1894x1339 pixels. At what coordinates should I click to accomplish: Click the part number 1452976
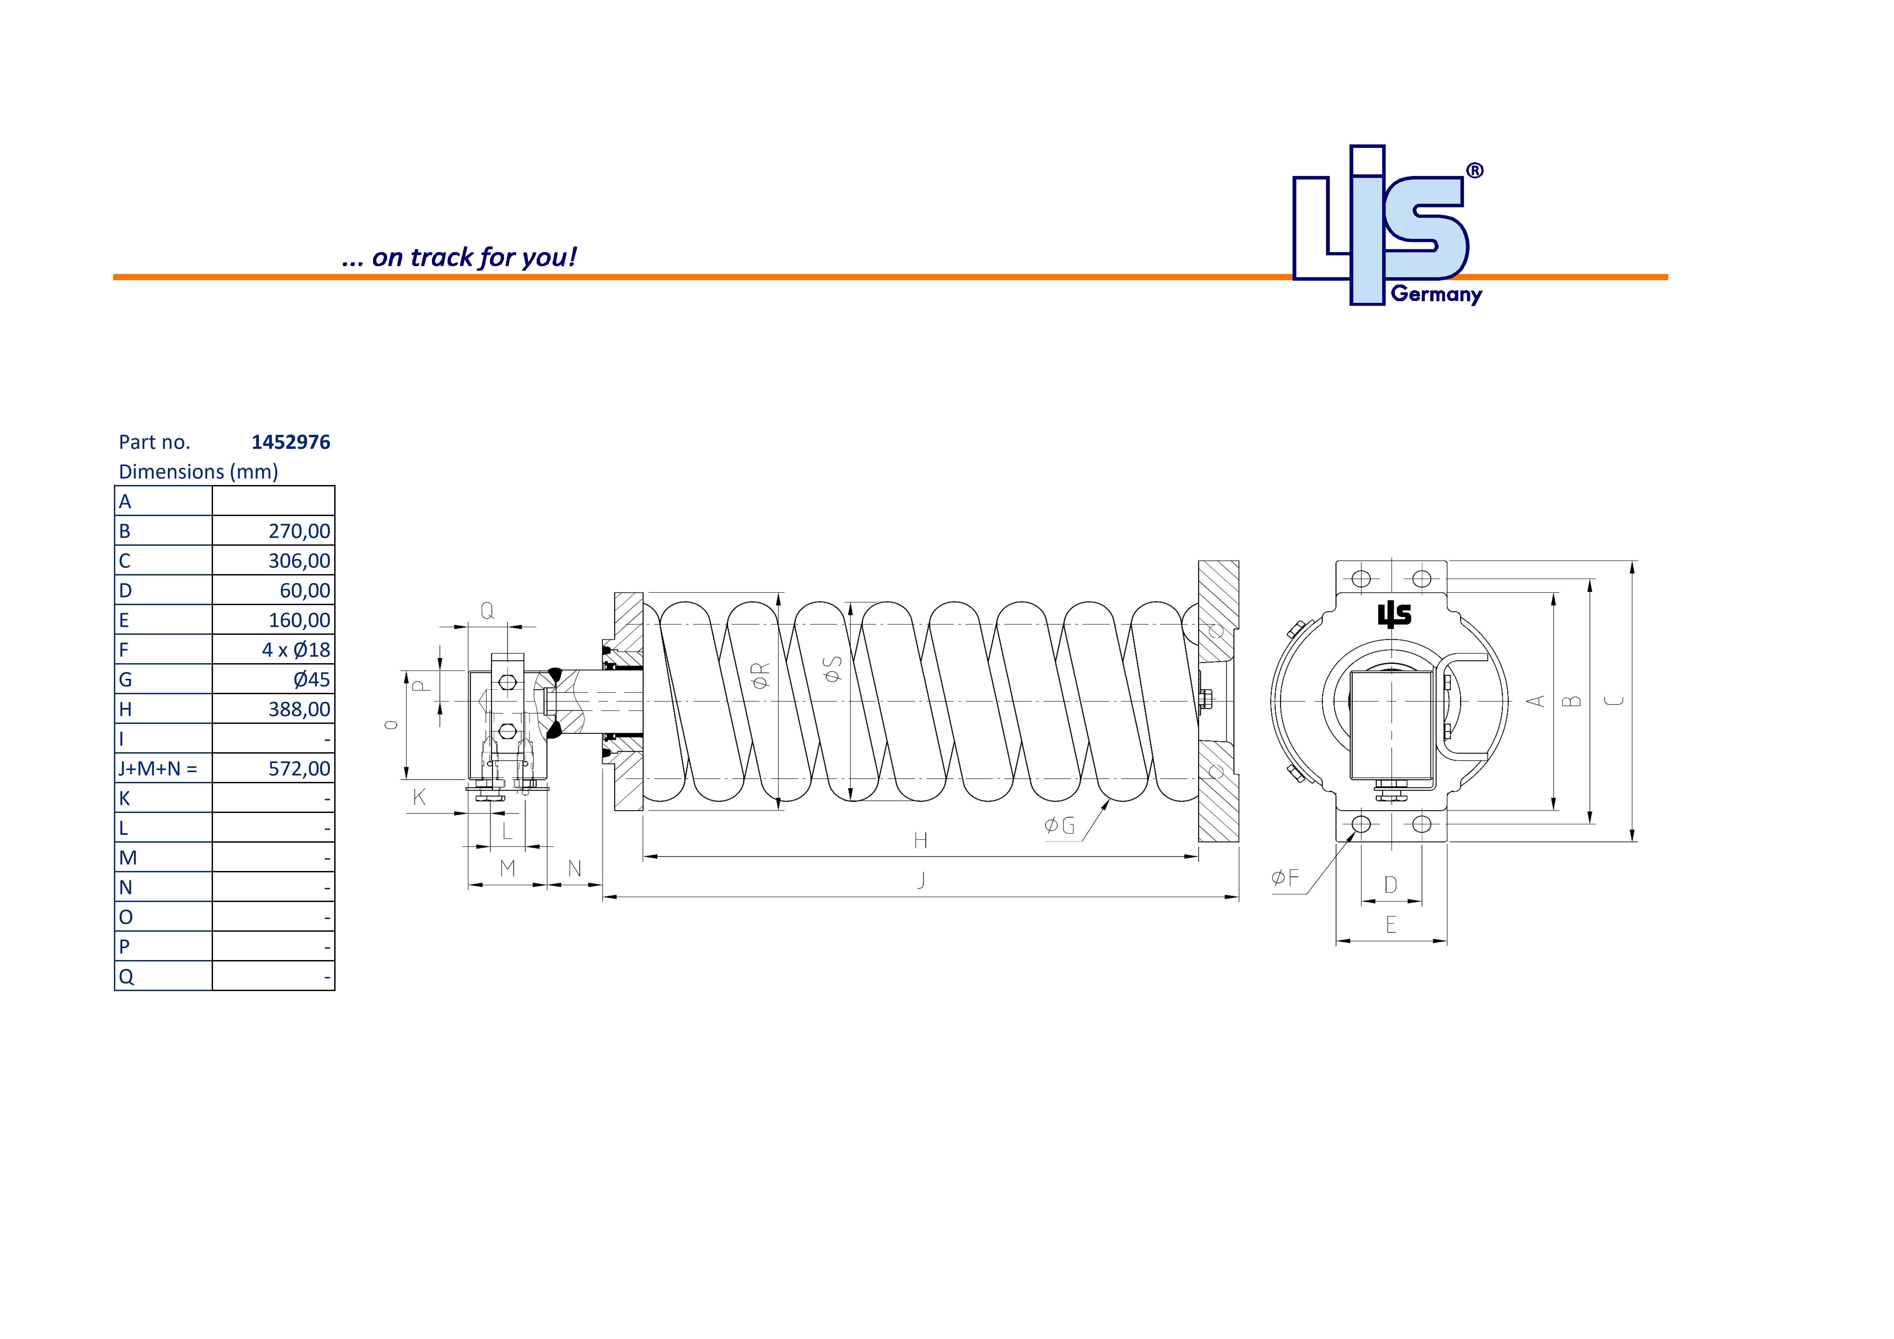(x=290, y=442)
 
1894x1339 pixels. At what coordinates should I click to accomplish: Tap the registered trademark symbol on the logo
(x=1474, y=171)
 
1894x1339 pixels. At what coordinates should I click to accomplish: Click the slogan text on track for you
(x=459, y=257)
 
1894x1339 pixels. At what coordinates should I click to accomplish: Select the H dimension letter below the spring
(x=921, y=841)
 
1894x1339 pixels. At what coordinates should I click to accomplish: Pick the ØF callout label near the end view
(x=1284, y=878)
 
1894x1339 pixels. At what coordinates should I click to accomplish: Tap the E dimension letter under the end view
(x=1391, y=925)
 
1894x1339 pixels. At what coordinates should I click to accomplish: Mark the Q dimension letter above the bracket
(x=488, y=611)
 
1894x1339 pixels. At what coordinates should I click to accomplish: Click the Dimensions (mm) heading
(x=198, y=472)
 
